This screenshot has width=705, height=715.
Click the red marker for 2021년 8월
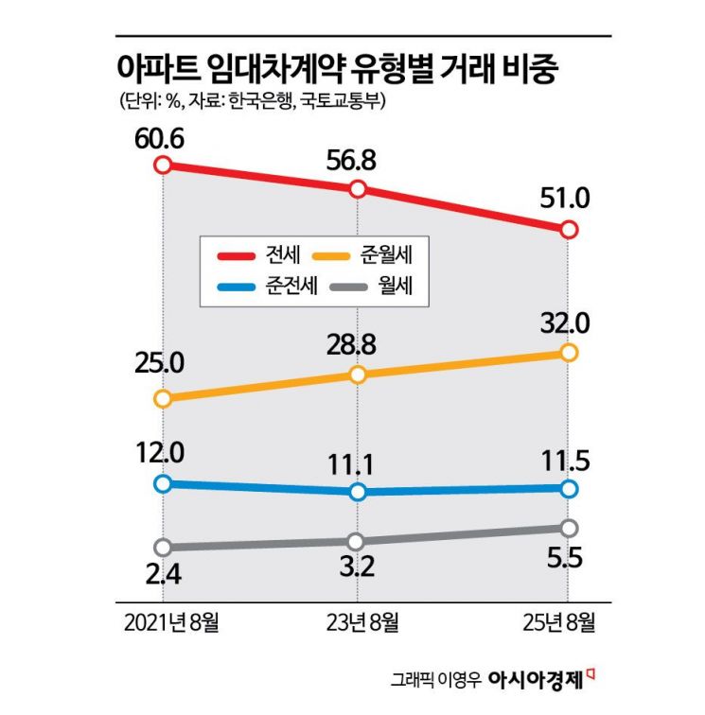163,166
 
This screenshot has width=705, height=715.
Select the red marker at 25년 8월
568,230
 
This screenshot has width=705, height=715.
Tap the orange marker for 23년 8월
358,375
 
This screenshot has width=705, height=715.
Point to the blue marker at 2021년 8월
163,483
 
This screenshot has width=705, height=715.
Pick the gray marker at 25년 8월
568,527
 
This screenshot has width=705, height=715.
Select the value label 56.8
353,161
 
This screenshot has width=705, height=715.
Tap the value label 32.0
566,323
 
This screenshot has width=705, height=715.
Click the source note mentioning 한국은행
251,100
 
